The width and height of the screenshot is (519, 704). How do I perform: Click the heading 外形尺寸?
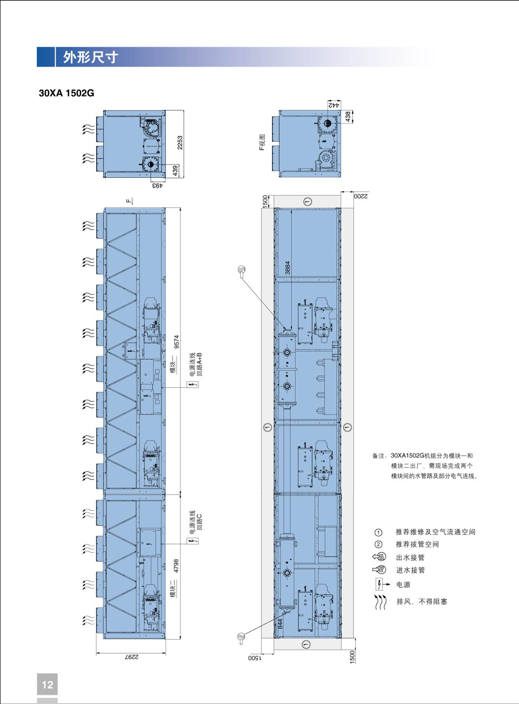click(x=90, y=57)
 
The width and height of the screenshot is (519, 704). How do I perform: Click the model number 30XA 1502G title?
click(x=66, y=93)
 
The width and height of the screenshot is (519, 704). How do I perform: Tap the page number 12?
click(x=47, y=685)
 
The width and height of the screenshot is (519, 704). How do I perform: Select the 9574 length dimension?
click(x=177, y=342)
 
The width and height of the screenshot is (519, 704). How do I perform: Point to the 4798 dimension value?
click(x=176, y=566)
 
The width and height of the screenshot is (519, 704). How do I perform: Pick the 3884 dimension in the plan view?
click(x=287, y=268)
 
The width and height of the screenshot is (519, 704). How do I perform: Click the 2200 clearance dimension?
click(x=361, y=196)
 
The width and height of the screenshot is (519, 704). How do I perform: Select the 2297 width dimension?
click(x=131, y=657)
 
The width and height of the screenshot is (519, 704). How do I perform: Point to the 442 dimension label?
click(x=334, y=105)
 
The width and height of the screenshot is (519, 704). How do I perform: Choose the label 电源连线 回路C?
click(x=195, y=520)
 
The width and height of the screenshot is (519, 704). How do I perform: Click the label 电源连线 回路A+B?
click(x=196, y=364)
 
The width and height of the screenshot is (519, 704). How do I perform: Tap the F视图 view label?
click(x=262, y=143)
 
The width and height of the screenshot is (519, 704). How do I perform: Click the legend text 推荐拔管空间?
click(x=418, y=544)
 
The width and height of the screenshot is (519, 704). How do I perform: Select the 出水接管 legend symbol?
click(x=379, y=557)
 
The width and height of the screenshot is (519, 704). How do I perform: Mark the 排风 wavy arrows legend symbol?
click(x=380, y=602)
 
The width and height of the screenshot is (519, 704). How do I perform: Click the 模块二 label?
click(x=173, y=588)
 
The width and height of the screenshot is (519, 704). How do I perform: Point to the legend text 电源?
click(x=403, y=585)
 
